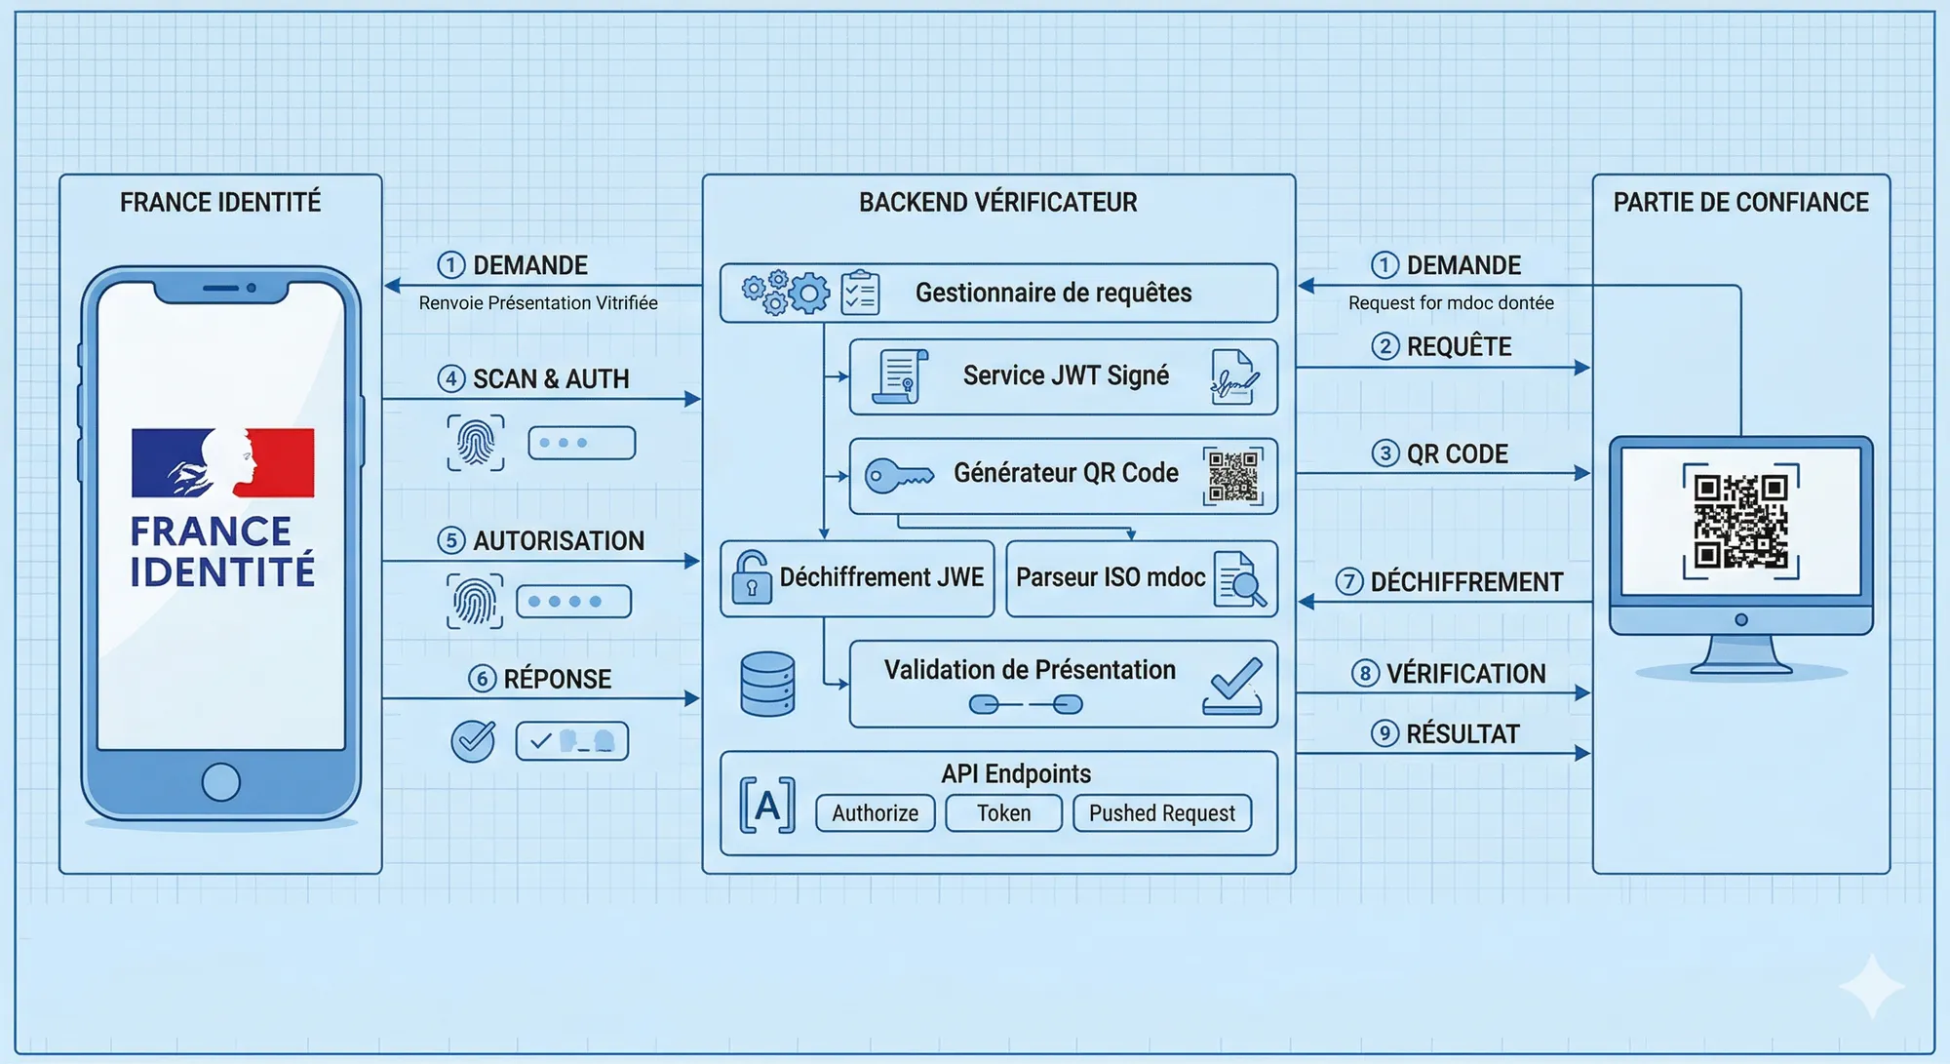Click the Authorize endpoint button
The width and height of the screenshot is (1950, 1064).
point(875,812)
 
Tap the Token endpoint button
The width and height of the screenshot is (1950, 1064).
point(1003,812)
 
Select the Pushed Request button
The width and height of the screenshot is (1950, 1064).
point(1161,812)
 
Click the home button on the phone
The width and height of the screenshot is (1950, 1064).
point(221,781)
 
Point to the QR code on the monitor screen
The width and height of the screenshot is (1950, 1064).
point(1740,521)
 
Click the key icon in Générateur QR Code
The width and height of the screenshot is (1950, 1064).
point(898,476)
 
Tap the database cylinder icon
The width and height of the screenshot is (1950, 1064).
point(767,684)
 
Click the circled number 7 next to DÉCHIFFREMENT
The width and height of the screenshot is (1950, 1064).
point(1348,582)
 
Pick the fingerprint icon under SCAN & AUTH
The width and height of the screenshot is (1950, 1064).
point(476,443)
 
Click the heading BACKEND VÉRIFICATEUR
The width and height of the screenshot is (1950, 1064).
point(997,202)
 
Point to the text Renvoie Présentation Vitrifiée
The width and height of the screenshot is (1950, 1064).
point(538,303)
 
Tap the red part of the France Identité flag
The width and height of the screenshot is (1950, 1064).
point(284,461)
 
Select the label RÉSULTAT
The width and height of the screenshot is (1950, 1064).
point(1462,734)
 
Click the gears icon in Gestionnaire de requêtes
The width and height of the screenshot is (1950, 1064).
point(786,292)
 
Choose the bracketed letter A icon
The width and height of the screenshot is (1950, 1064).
point(767,806)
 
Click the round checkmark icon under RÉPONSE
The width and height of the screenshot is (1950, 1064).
point(473,741)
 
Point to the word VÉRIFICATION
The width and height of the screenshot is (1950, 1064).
point(1465,674)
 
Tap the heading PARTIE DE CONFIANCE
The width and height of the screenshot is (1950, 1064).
point(1740,202)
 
